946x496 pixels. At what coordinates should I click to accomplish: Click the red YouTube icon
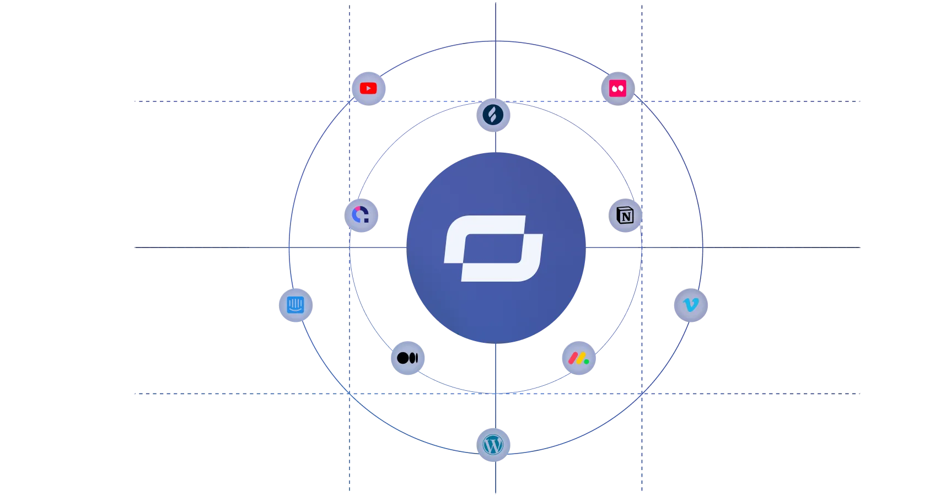368,88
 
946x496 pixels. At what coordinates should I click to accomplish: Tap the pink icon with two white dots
617,88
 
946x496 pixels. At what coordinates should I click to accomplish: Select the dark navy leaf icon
493,115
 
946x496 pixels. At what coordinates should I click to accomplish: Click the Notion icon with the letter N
625,215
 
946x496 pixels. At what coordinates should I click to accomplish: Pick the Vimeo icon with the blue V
690,305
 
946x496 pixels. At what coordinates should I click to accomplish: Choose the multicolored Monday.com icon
578,359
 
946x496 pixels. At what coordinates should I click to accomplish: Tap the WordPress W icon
493,444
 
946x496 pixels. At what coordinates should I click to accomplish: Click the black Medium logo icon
407,358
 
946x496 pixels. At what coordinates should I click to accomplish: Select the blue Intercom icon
295,304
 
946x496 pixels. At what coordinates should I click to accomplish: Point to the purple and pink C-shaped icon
361,214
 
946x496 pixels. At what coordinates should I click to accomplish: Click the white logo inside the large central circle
493,249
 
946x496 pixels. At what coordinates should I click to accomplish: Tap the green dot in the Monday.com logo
587,362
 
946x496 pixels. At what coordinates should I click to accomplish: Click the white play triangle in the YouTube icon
368,88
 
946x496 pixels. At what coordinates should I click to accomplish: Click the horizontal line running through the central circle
221,249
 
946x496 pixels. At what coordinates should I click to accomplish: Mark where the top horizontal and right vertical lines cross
641,101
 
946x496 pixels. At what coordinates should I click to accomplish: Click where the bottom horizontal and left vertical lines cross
350,395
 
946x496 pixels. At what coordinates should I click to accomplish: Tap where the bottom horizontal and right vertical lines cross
641,395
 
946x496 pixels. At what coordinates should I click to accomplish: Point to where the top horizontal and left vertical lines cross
350,101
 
